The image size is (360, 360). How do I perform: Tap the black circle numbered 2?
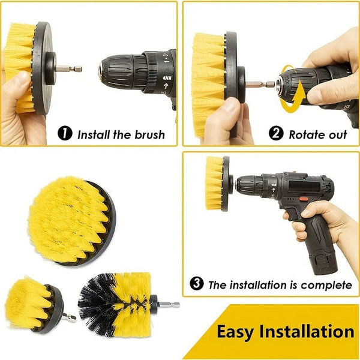tap(276, 134)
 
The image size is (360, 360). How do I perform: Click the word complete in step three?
tap(329, 284)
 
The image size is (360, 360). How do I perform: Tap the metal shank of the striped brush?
tap(167, 305)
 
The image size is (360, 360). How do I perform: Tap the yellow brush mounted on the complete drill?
tap(215, 183)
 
